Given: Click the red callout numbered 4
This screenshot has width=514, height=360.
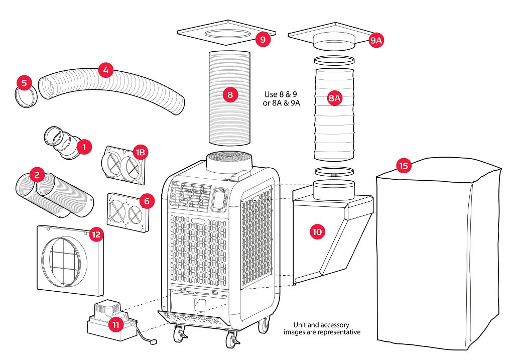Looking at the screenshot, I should pyautogui.click(x=105, y=70).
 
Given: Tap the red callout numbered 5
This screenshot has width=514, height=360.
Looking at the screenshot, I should pyautogui.click(x=24, y=83).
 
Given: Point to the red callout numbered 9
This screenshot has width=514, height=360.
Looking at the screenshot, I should pyautogui.click(x=262, y=39).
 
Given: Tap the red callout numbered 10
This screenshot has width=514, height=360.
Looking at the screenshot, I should pyautogui.click(x=317, y=231).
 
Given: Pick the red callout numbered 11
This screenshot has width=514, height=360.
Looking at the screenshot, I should pyautogui.click(x=116, y=324).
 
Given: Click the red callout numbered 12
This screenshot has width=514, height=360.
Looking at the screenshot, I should pyautogui.click(x=96, y=234).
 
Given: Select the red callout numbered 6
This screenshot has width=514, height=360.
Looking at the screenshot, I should pyautogui.click(x=146, y=201).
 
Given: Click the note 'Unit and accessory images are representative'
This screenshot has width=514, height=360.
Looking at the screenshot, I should pyautogui.click(x=322, y=328).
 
